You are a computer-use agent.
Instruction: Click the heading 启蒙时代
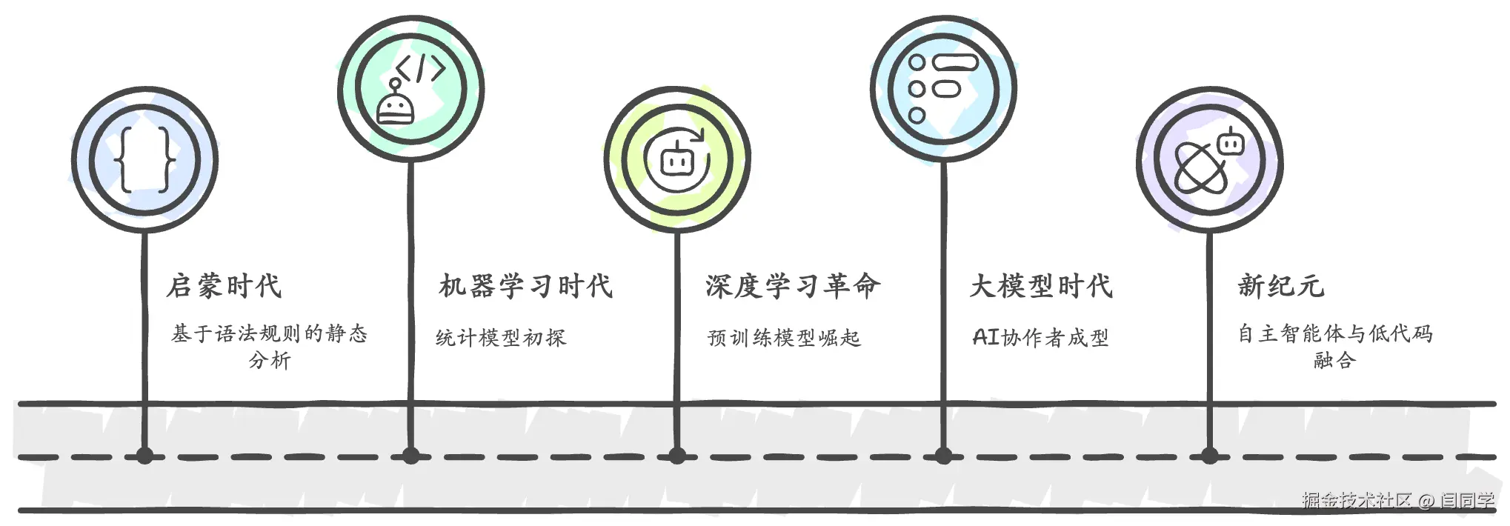(224, 286)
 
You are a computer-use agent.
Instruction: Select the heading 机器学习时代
(525, 286)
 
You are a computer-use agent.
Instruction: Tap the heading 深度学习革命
(792, 286)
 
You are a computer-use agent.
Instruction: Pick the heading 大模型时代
(1041, 286)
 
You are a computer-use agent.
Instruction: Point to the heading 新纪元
(1280, 286)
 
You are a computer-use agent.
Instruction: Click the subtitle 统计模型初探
(501, 338)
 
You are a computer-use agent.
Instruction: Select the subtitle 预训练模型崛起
(784, 338)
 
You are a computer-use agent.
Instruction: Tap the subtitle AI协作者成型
(1040, 338)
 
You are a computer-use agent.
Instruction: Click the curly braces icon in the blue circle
(145, 159)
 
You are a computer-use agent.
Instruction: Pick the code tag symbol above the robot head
(420, 68)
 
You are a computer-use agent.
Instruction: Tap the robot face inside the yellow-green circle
(676, 161)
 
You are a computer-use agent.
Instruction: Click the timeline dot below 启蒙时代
(144, 456)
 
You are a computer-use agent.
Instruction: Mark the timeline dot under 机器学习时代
(410, 456)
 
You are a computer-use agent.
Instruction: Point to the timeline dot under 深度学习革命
(676, 456)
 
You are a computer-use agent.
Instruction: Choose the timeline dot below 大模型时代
(943, 456)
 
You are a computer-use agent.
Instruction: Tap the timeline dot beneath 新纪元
(1209, 456)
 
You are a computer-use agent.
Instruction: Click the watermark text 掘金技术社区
(1357, 500)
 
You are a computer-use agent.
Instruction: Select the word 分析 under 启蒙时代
(270, 361)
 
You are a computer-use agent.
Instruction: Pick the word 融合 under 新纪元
(1334, 361)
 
